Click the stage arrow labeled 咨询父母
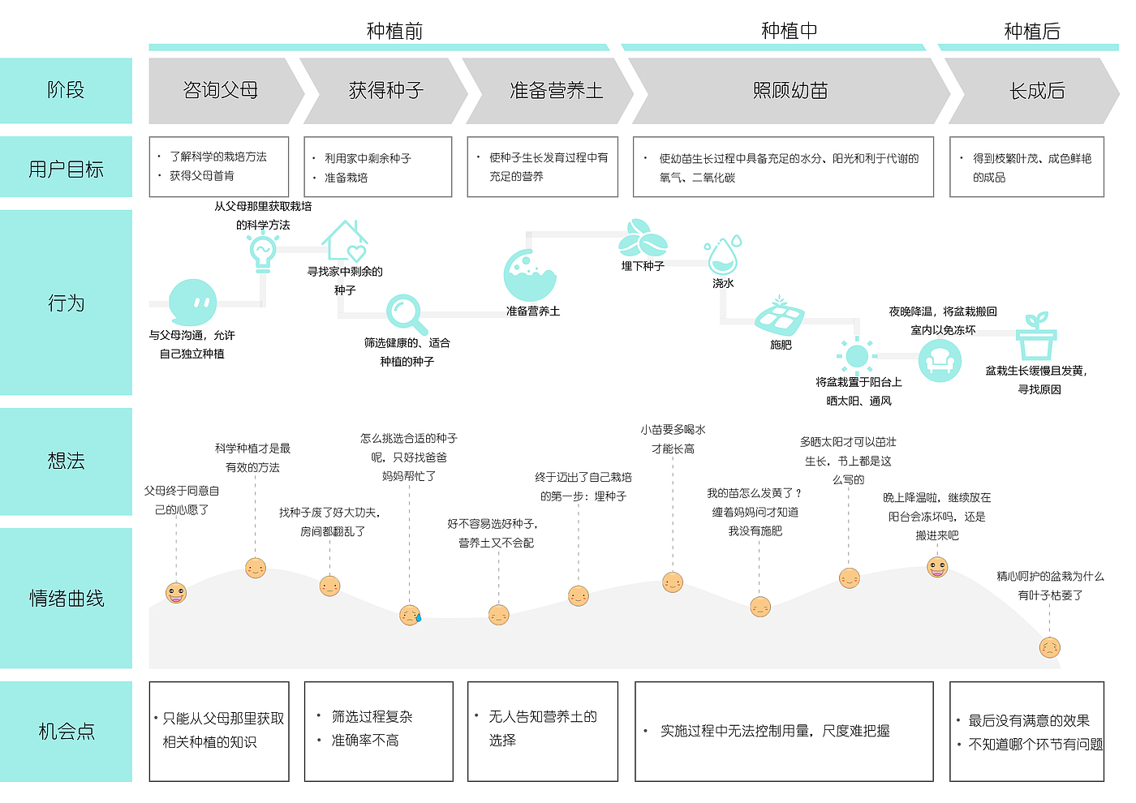point(221,91)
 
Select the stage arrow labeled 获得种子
point(385,91)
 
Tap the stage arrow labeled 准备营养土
point(556,91)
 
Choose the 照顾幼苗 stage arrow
point(790,91)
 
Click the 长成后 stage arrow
point(1036,91)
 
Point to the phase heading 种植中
point(789,31)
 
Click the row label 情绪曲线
point(67,599)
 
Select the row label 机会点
point(67,732)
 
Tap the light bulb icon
point(262,251)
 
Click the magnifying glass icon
point(405,314)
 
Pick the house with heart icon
point(346,241)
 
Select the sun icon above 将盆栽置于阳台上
point(856,356)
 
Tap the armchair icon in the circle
point(940,360)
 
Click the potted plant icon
point(1036,337)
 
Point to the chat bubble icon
point(192,303)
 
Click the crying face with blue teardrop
point(411,615)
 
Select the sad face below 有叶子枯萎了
point(1050,647)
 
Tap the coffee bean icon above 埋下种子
point(643,238)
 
